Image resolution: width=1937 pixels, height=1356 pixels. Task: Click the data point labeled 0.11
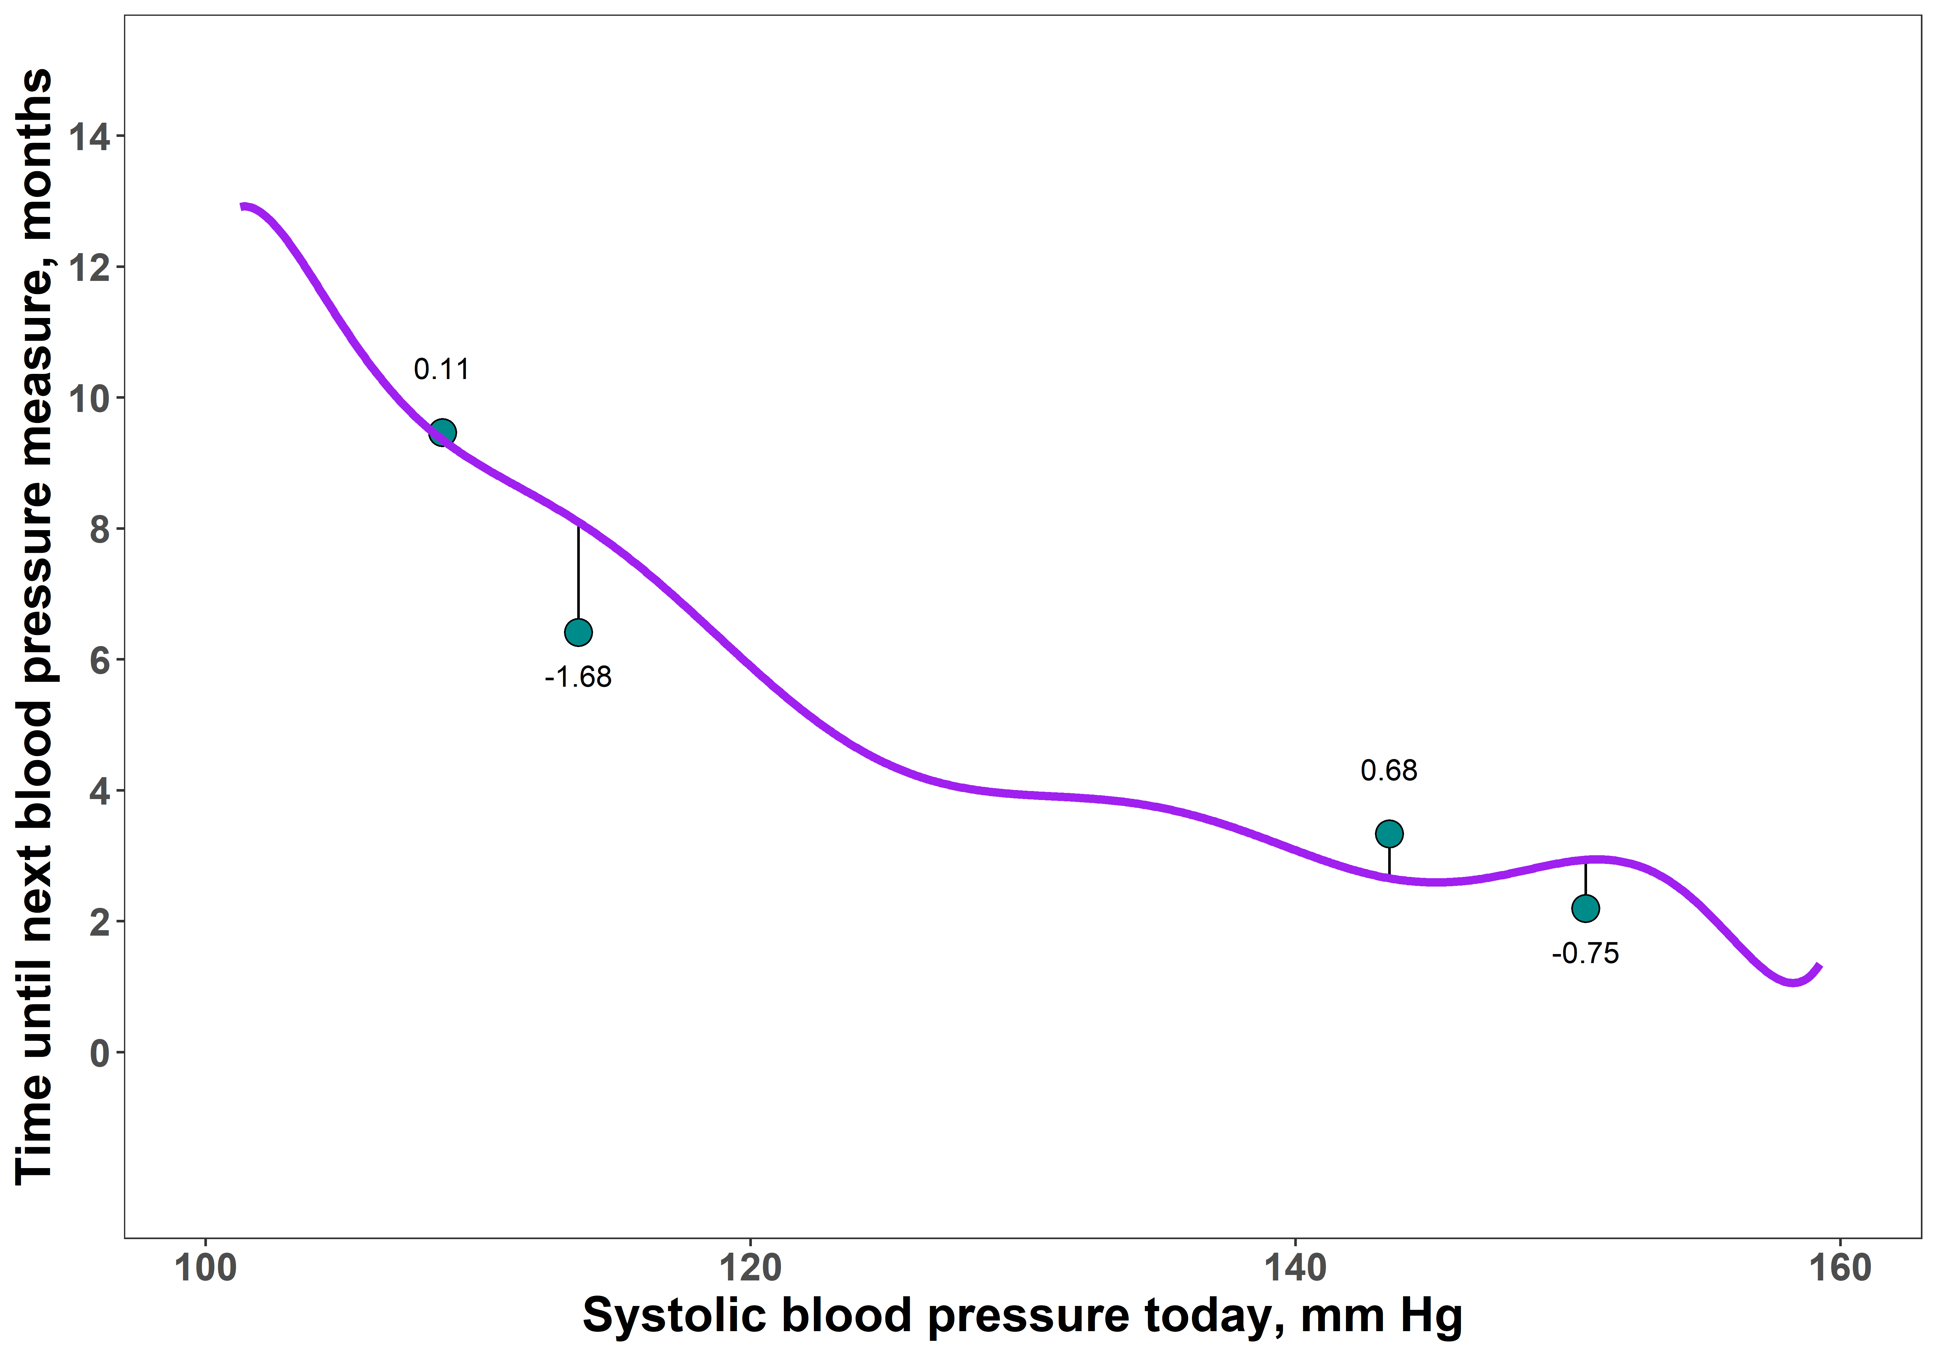pos(442,433)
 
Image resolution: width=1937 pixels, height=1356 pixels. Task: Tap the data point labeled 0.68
pos(1389,834)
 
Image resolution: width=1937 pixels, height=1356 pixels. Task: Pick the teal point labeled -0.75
pos(1585,908)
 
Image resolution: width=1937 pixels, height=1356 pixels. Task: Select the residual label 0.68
pos(1389,770)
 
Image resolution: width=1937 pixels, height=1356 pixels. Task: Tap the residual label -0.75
pos(1585,953)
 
